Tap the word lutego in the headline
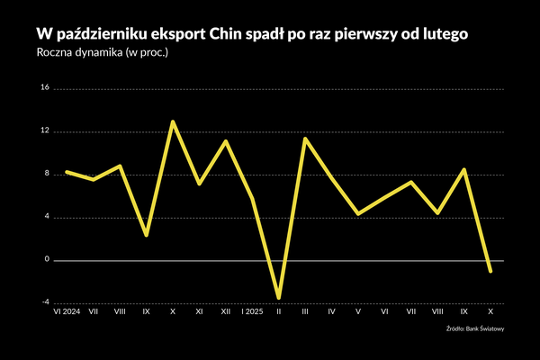point(439,33)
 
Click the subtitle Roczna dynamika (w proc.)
point(103,53)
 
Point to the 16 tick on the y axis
point(45,88)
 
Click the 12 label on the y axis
point(45,131)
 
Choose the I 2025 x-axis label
point(252,313)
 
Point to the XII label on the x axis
point(225,313)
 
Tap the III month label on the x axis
point(305,313)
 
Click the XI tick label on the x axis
point(199,313)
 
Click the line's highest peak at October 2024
point(172,121)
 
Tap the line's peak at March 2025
point(305,139)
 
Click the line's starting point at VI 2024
point(67,172)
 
